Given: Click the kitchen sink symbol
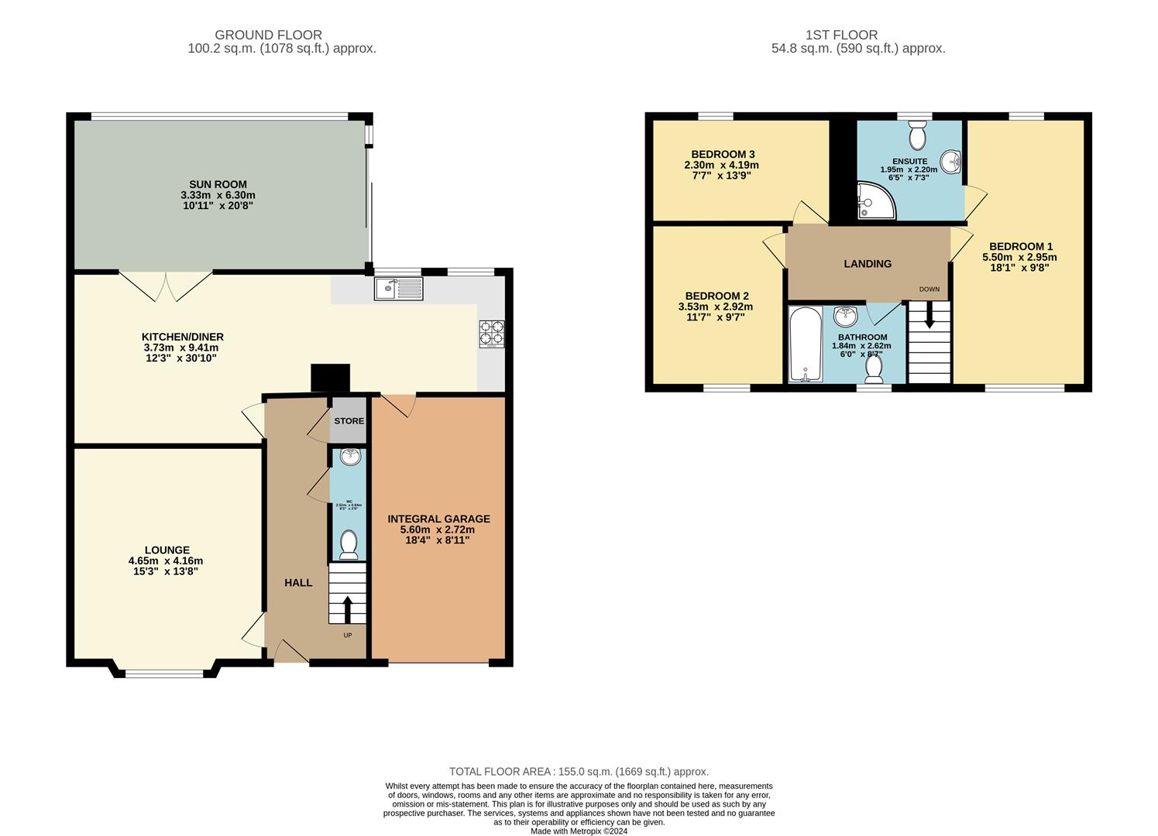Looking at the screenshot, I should (x=399, y=289).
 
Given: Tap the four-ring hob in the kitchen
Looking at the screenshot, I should (x=491, y=334).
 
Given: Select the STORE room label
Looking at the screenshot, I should (x=349, y=421).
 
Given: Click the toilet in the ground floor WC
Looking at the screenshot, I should (x=349, y=544).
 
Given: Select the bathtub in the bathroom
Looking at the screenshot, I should (x=805, y=344).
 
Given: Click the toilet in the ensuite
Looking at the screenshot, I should (x=918, y=135).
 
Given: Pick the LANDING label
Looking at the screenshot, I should (x=868, y=264).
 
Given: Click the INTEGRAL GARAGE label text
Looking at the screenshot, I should (x=438, y=519).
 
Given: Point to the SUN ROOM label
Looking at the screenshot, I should (x=218, y=185).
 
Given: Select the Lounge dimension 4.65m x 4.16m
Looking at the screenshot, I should (x=166, y=561).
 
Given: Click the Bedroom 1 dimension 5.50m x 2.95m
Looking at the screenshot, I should (x=1019, y=258).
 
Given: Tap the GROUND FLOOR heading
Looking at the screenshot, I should (x=268, y=35).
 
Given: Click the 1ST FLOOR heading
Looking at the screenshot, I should (x=841, y=35).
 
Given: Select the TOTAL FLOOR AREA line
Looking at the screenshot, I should (x=579, y=772).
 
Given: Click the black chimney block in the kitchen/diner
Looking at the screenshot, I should (x=331, y=379).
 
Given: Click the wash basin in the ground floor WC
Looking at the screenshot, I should (x=351, y=456).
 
